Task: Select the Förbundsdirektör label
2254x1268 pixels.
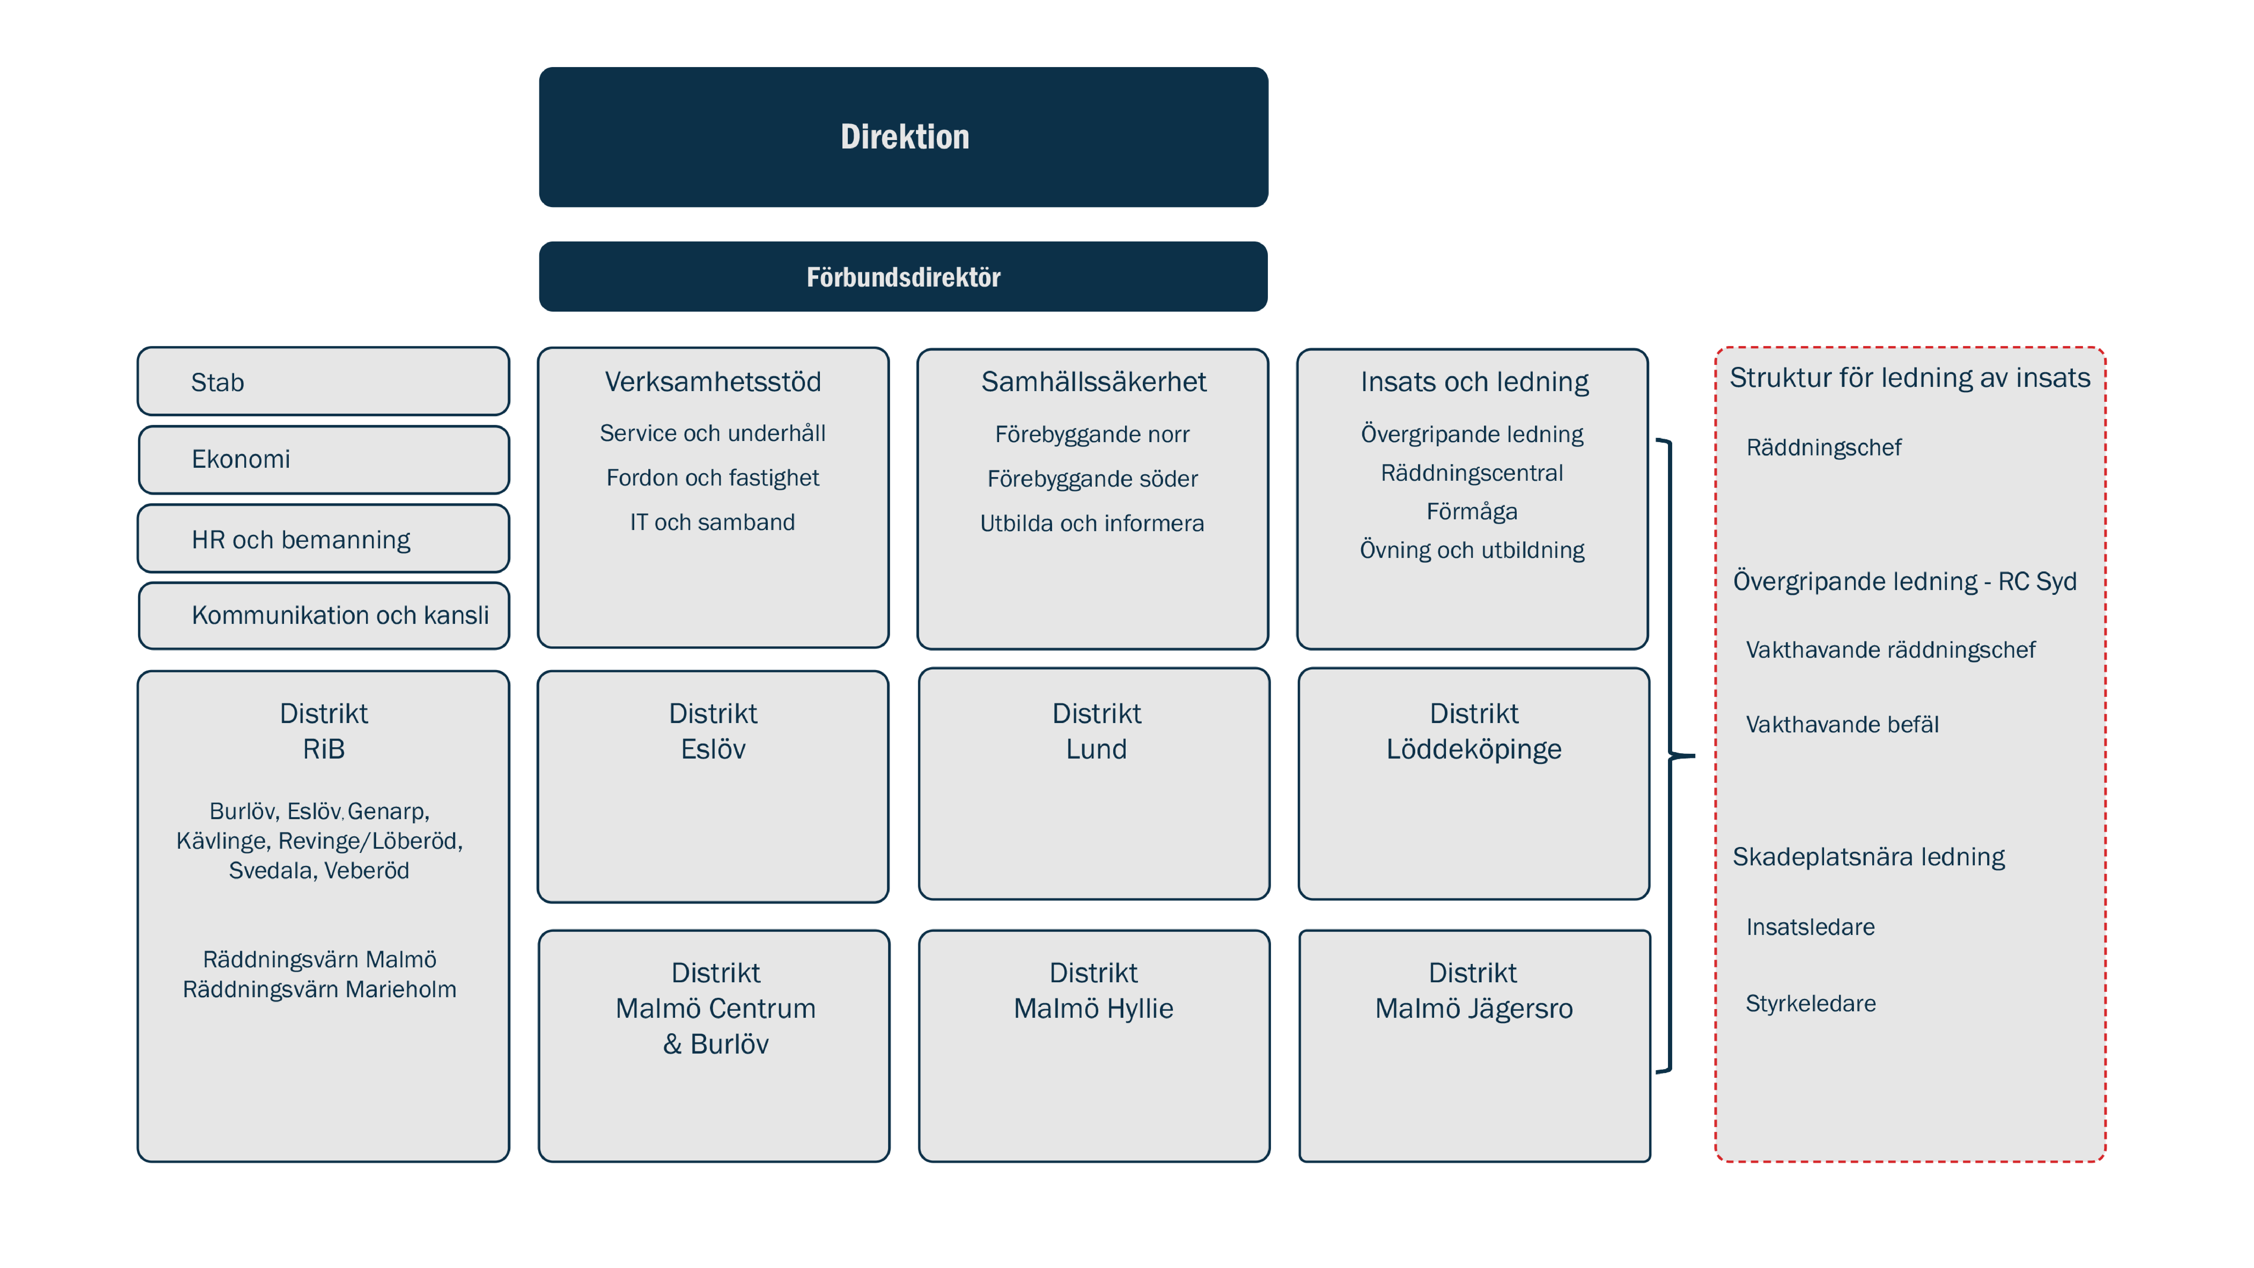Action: [903, 277]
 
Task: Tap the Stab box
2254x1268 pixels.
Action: [323, 382]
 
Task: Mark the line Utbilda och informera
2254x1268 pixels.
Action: [1092, 523]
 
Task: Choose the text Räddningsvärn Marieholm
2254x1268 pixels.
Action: [320, 990]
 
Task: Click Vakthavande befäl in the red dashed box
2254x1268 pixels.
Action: [1842, 724]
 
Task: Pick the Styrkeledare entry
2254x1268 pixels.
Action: [1810, 1004]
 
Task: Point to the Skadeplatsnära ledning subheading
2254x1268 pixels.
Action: [1868, 857]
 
